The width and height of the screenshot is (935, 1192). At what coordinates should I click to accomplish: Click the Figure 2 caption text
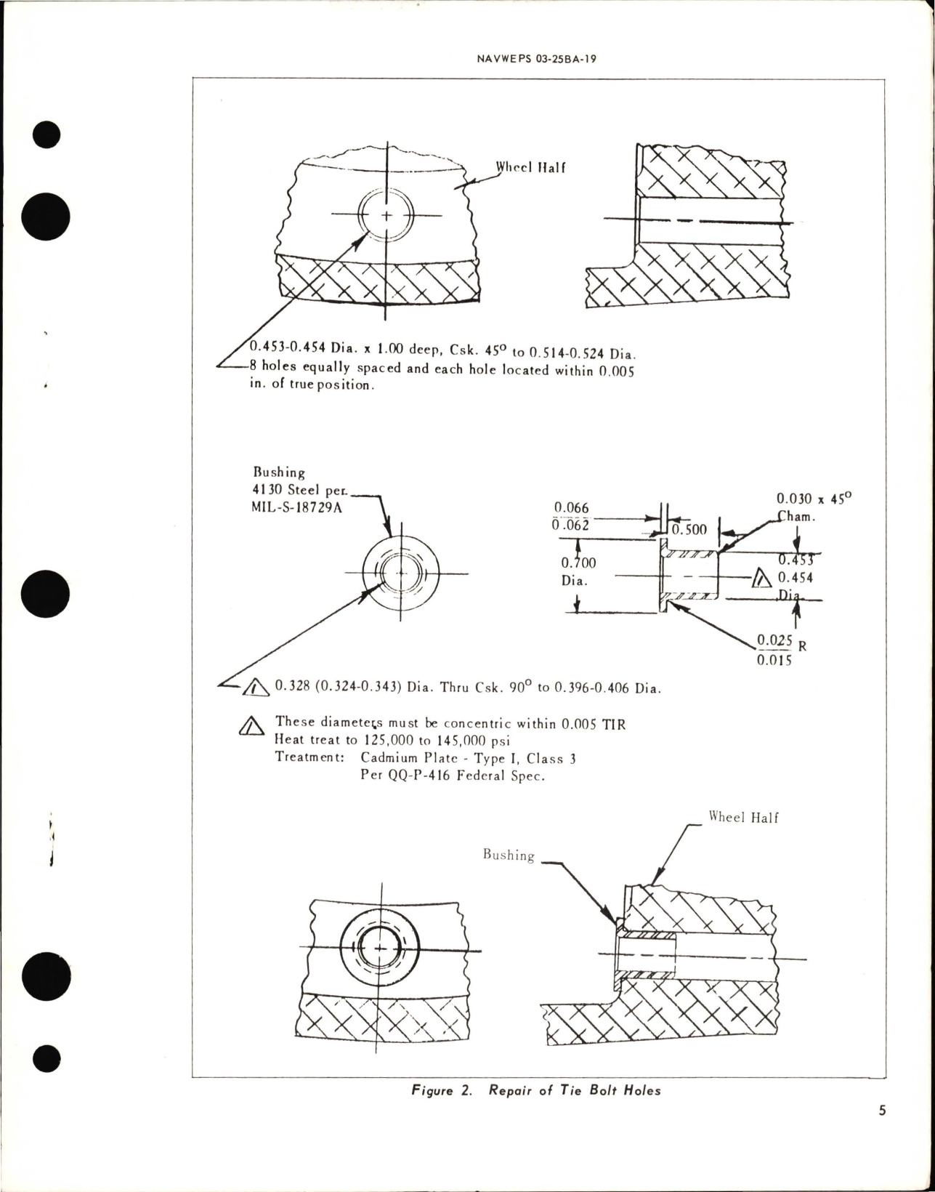536,1090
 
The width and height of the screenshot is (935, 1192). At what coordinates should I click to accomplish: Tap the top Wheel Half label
530,167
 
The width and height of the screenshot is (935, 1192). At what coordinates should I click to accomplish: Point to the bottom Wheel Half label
743,818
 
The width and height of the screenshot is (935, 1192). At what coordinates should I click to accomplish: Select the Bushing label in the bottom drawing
509,855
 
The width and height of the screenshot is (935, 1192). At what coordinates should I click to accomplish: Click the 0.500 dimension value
688,530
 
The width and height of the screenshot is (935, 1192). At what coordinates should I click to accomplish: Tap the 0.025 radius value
774,640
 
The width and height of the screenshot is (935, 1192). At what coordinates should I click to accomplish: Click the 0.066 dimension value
571,508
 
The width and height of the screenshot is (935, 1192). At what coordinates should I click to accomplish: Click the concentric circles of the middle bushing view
401,573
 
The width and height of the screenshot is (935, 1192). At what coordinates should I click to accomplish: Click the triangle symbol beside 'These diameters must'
250,726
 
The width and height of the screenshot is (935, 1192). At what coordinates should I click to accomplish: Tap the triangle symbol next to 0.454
761,578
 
